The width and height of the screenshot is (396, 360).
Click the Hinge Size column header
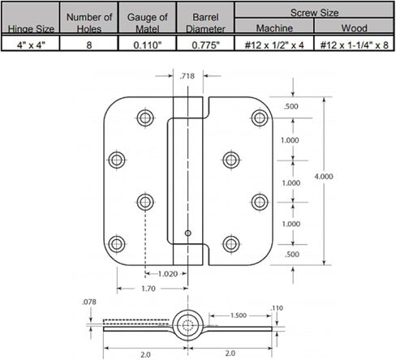(31, 28)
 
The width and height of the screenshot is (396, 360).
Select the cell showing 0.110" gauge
(147, 45)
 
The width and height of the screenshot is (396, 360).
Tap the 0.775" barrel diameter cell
(205, 45)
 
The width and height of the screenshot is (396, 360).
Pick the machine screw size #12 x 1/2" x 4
(274, 45)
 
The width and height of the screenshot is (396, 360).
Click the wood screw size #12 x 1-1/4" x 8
(354, 45)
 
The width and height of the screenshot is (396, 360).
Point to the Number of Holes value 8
(89, 45)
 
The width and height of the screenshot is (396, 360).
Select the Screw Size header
(314, 13)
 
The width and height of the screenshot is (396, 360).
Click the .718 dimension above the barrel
(187, 76)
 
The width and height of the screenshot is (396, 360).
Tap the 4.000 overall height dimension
(324, 177)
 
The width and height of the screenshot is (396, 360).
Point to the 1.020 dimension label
(168, 274)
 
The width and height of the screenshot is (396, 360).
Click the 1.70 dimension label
(148, 289)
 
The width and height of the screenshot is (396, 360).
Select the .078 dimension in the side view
(89, 302)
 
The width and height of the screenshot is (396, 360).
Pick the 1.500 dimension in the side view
(239, 315)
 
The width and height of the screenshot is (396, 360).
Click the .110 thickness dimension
(277, 308)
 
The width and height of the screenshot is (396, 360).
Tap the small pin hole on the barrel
(187, 233)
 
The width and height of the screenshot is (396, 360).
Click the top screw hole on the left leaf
(145, 118)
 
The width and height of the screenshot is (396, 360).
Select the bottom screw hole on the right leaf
(231, 244)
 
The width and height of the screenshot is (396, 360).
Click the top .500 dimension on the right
(291, 106)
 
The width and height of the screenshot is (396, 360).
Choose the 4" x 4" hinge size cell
(31, 45)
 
